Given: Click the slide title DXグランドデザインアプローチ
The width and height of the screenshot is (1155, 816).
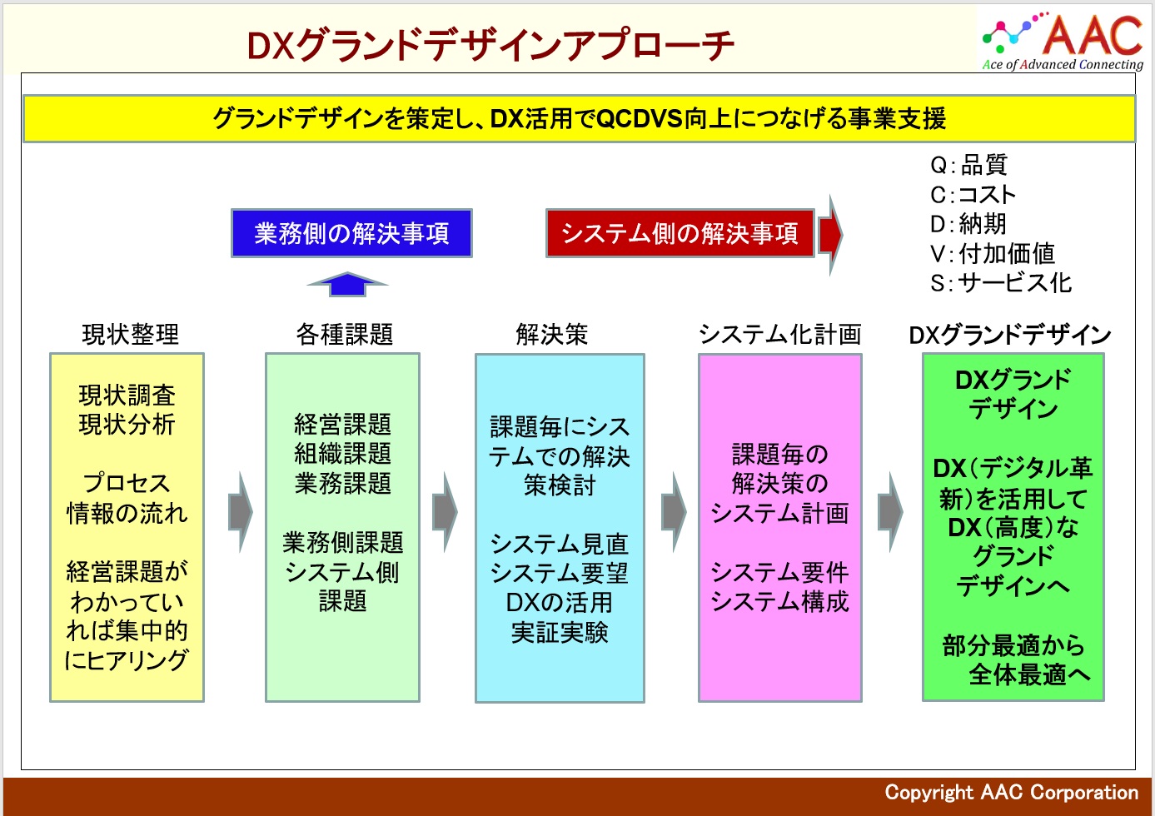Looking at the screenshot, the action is pyautogui.click(x=490, y=45).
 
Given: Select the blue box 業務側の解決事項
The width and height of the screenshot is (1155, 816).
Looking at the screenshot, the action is pyautogui.click(x=351, y=233).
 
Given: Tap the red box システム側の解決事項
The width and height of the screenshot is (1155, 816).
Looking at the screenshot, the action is pyautogui.click(x=680, y=233).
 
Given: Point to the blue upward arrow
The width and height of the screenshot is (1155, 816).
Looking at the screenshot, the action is pyautogui.click(x=347, y=284).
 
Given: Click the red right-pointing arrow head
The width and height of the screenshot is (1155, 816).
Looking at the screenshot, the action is pyautogui.click(x=831, y=235).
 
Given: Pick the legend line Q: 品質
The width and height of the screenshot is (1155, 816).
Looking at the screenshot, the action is pyautogui.click(x=968, y=165).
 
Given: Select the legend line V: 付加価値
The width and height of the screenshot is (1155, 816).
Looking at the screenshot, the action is pyautogui.click(x=993, y=253).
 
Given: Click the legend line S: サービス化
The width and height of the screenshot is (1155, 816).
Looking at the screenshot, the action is pyautogui.click(x=1001, y=283).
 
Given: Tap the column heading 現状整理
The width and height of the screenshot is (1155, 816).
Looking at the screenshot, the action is pyautogui.click(x=131, y=334).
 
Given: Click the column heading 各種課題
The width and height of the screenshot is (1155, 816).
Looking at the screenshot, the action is pyautogui.click(x=344, y=334).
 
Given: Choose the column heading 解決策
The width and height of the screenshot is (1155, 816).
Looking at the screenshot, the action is pyautogui.click(x=552, y=334).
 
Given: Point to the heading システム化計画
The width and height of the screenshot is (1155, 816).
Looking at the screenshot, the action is pyautogui.click(x=780, y=334).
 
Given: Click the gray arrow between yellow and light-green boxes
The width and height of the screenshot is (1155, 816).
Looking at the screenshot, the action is pyautogui.click(x=241, y=512).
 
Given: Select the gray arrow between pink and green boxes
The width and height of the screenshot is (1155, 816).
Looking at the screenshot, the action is pyautogui.click(x=890, y=512).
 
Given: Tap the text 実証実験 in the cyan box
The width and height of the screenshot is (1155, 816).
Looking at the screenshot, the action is pyautogui.click(x=560, y=632).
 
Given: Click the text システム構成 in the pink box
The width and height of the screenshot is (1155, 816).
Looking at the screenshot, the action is pyautogui.click(x=780, y=601).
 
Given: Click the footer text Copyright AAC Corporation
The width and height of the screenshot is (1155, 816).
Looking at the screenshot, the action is pyautogui.click(x=1012, y=793).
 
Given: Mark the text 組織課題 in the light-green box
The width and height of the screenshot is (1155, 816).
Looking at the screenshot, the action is pyautogui.click(x=343, y=454).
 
